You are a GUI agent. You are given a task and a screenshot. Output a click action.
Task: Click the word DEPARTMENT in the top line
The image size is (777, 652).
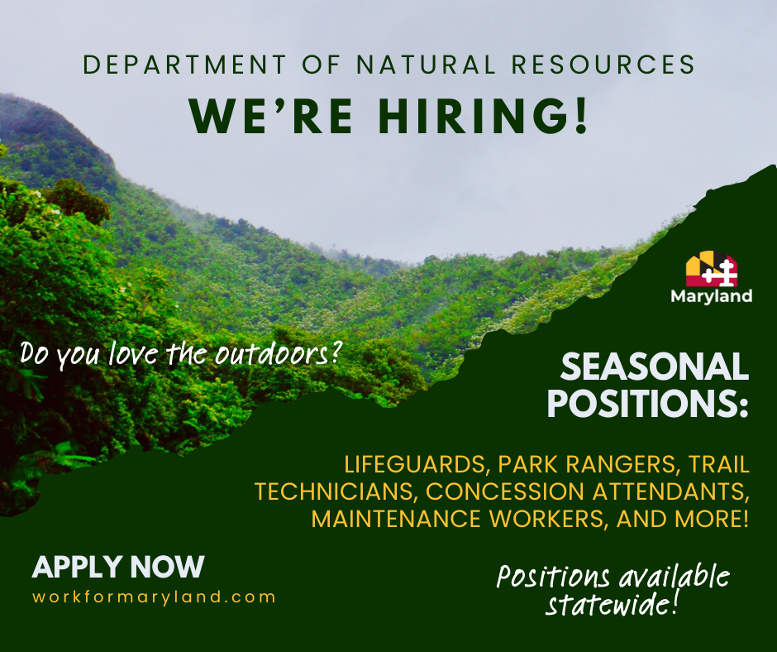click(x=185, y=65)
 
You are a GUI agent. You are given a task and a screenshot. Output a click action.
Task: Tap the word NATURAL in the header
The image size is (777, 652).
click(x=426, y=65)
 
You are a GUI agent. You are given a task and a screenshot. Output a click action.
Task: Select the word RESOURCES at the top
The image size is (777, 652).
click(x=603, y=65)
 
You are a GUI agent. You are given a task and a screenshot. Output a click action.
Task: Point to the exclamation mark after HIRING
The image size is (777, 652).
click(x=581, y=116)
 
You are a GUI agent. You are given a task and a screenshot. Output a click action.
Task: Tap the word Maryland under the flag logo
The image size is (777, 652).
click(x=712, y=296)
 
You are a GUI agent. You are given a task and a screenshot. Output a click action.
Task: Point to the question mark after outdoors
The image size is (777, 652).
click(x=336, y=352)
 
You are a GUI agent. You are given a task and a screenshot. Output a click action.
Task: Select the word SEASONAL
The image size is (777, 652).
click(x=654, y=367)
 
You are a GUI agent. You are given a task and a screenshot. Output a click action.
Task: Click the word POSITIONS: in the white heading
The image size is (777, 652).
click(x=648, y=404)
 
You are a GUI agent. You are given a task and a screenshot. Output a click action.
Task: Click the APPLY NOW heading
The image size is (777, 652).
click(x=118, y=567)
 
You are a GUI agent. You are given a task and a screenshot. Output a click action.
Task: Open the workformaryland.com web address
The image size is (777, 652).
click(x=154, y=597)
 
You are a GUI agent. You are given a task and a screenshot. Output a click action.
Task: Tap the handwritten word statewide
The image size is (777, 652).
click(x=612, y=604)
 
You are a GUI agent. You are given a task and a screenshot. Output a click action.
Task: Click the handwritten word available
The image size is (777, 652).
click(x=674, y=577)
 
